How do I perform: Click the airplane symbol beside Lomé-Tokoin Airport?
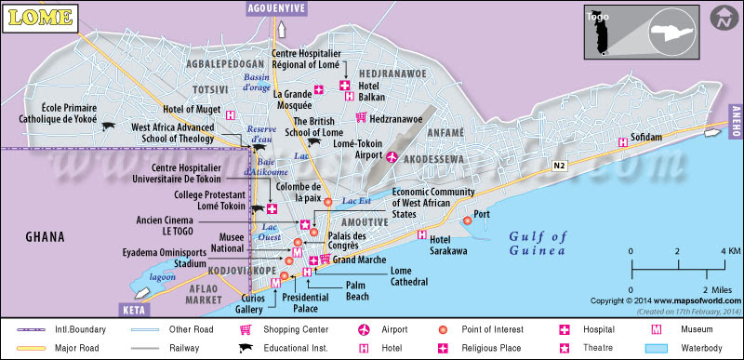[x=392, y=157]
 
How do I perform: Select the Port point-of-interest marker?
[x=467, y=220]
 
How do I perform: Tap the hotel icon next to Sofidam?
[x=622, y=142]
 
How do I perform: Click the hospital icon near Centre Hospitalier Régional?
[x=343, y=86]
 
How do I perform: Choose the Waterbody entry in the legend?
[x=684, y=348]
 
